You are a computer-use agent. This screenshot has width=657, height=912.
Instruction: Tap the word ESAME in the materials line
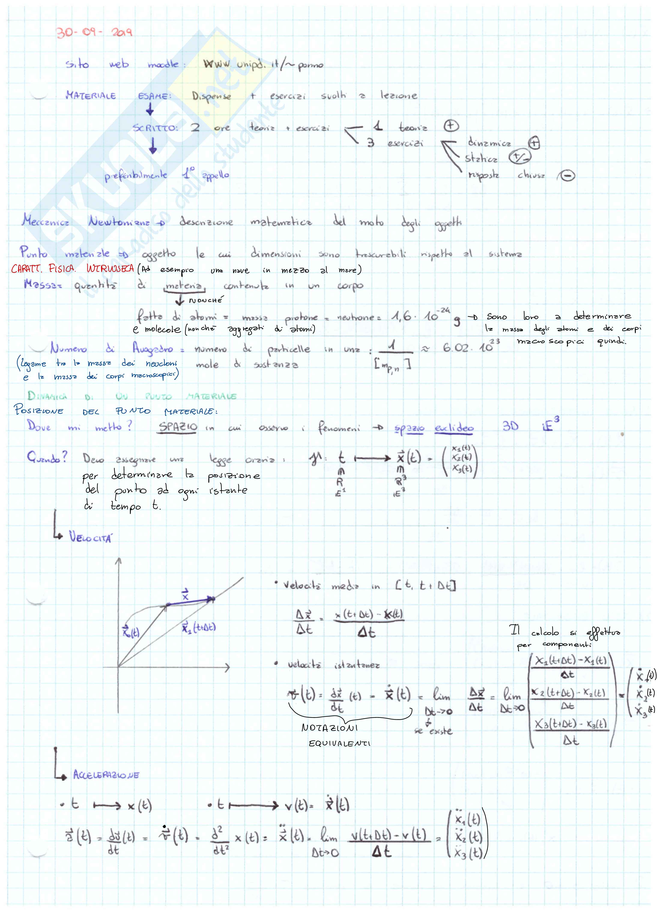154,96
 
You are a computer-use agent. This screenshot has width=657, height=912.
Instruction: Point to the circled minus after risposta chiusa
567,176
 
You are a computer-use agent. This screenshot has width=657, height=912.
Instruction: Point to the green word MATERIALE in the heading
211,396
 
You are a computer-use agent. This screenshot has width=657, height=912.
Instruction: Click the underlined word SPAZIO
178,427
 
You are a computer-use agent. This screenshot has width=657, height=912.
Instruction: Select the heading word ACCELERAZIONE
106,775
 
